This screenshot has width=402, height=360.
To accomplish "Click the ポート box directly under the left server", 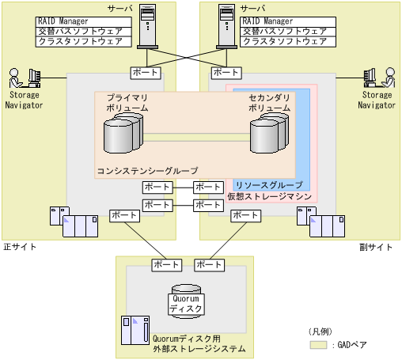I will click(144, 72).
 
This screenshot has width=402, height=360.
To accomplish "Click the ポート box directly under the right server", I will click(223, 72).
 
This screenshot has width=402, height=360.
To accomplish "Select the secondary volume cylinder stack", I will click(267, 133).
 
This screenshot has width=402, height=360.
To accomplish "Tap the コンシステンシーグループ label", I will click(147, 170).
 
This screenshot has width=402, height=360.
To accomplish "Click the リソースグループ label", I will click(268, 184).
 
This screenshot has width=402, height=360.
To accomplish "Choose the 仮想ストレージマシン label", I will click(269, 195).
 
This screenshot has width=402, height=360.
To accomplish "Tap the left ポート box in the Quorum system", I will click(165, 264).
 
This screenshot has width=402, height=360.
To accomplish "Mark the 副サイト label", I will click(381, 247).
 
